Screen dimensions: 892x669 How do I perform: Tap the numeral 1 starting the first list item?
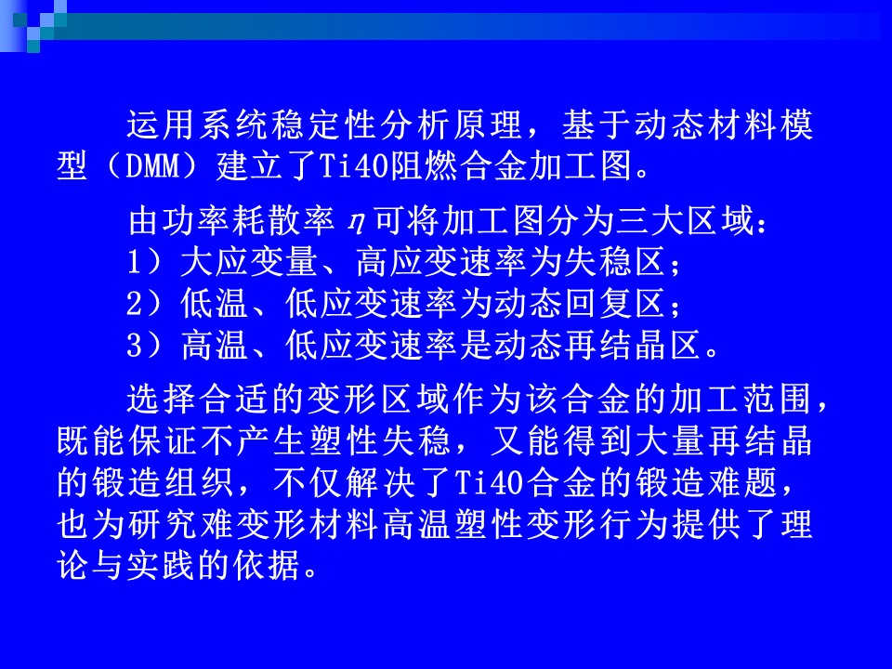(133, 262)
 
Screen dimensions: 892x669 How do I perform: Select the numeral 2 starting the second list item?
(134, 303)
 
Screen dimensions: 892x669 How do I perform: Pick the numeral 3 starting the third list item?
(134, 344)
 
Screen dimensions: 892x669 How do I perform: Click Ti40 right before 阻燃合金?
(353, 166)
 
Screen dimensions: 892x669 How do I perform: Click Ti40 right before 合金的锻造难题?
(489, 483)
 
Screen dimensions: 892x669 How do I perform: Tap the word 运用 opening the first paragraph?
(161, 125)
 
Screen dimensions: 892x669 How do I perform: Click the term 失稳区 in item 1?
(614, 262)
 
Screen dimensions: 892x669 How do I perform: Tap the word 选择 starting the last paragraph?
(161, 399)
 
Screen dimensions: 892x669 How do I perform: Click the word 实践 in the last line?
(161, 565)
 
